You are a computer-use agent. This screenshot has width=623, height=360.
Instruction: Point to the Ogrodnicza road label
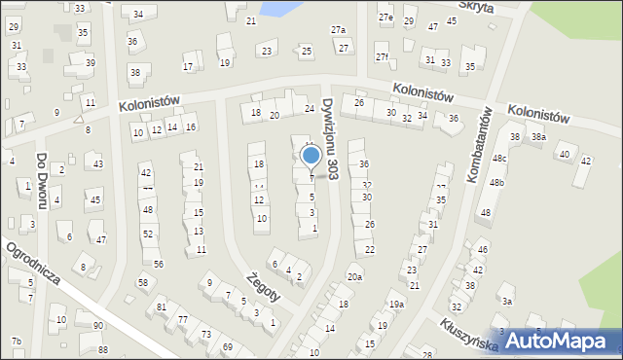pos(34,264)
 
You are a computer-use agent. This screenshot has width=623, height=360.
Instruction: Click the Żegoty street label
pos(264,286)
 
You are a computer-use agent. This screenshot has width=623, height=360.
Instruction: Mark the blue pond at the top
pos(277,8)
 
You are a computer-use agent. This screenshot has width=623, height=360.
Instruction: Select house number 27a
pos(338,30)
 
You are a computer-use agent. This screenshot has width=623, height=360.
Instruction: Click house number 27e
pos(385,18)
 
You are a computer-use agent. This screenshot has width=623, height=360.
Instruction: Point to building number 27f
pos(383,57)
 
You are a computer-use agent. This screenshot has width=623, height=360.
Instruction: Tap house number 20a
pos(354,277)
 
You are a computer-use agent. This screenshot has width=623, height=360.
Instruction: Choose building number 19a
pos(396,305)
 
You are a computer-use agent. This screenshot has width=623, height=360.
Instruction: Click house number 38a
pos(538,137)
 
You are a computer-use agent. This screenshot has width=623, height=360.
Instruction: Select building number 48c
pos(499,158)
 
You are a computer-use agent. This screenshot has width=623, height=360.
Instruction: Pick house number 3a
pos(506,302)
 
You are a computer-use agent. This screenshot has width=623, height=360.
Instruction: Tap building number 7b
pos(16,341)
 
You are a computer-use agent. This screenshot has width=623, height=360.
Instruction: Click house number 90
pos(98,325)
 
